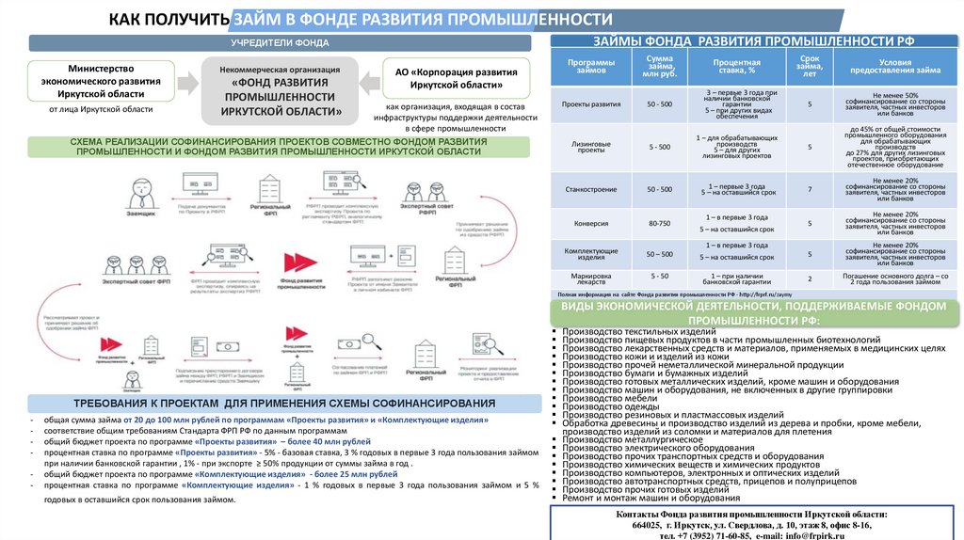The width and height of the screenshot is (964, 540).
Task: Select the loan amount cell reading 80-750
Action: click(x=660, y=223)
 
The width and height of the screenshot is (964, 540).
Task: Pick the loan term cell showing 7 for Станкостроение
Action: click(x=809, y=190)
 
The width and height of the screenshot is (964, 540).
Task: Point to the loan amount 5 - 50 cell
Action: click(x=660, y=276)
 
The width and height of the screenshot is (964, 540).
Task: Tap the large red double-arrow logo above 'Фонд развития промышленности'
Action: click(x=302, y=263)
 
